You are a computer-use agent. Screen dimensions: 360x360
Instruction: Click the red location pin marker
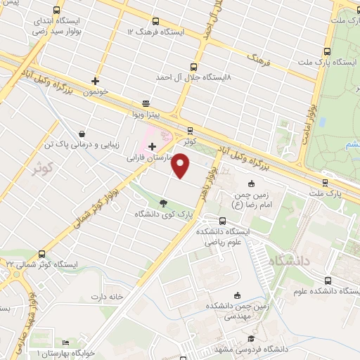click(181, 167)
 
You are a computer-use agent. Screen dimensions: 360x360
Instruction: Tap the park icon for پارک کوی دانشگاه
click(164, 202)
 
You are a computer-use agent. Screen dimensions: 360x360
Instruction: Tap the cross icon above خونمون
click(95, 81)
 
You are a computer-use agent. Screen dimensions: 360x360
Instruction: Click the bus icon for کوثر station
click(189, 131)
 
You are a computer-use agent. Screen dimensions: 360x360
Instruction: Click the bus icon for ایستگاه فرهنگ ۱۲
click(155, 21)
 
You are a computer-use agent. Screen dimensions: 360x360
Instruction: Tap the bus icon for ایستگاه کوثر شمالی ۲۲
click(42, 254)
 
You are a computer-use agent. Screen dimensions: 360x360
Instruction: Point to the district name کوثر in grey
click(43, 169)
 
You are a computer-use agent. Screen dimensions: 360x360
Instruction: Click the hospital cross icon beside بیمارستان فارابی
click(152, 146)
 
